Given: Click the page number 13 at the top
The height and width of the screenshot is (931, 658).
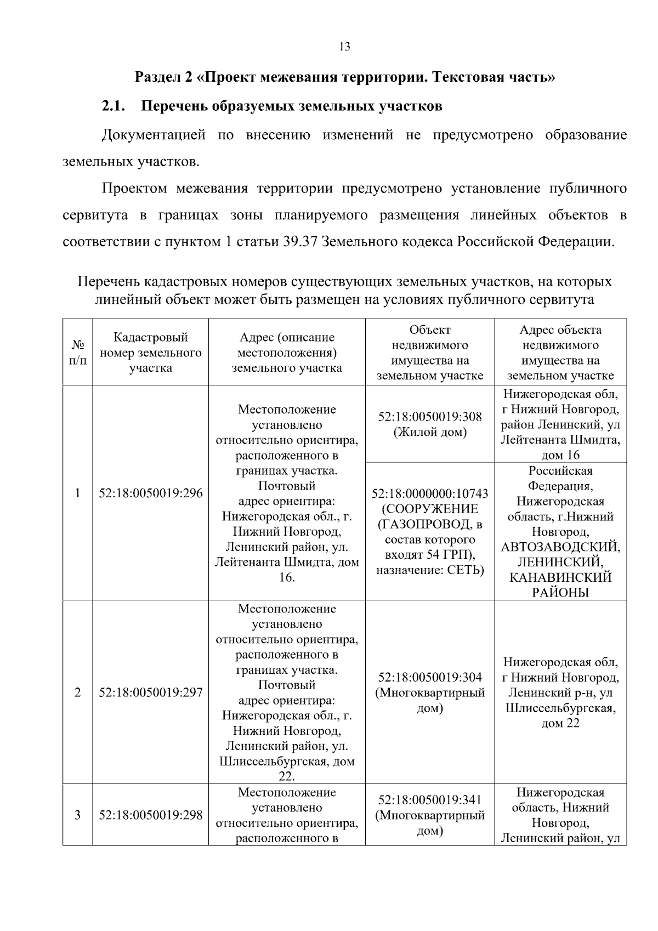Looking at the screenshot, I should click(x=345, y=47).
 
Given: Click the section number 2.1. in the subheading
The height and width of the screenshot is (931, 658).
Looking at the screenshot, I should click(x=114, y=106).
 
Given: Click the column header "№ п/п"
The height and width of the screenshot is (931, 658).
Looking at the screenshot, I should click(x=78, y=353).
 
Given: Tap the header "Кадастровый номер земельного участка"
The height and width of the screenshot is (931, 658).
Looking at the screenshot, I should click(x=150, y=353).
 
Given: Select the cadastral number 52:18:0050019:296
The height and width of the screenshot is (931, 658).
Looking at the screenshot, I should click(x=150, y=493).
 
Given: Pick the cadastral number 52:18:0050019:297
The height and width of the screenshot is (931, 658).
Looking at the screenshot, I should click(x=150, y=692).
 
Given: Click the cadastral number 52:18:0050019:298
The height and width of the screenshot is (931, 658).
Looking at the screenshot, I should click(x=150, y=815).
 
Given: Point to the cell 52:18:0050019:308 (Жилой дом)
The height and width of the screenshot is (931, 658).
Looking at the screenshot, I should click(x=430, y=424).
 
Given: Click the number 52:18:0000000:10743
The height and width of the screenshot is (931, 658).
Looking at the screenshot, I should click(x=430, y=493).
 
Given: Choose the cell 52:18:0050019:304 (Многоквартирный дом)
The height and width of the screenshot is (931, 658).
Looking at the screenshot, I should click(x=430, y=692).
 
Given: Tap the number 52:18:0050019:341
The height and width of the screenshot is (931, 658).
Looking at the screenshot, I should click(x=430, y=800).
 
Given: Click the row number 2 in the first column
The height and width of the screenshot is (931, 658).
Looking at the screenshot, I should click(x=78, y=692).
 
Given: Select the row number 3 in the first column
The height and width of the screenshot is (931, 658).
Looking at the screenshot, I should click(x=78, y=815).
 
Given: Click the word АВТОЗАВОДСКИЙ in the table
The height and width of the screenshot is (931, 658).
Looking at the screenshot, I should click(x=560, y=547).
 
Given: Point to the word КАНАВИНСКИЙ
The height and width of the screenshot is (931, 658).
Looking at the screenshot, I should click(x=560, y=577).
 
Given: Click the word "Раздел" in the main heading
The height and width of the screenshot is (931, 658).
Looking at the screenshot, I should click(x=156, y=77).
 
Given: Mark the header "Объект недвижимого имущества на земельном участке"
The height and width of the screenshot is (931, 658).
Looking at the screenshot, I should click(x=430, y=353).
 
